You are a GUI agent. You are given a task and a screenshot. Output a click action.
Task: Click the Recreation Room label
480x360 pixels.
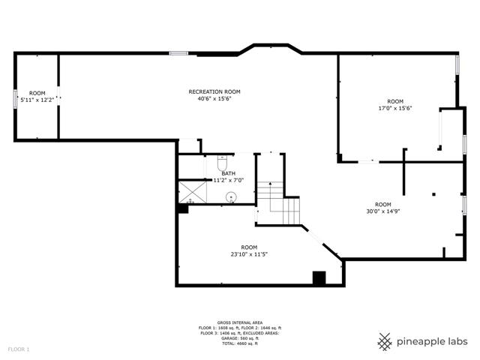click(214, 91)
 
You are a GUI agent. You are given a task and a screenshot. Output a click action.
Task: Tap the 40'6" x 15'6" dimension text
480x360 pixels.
click(214, 98)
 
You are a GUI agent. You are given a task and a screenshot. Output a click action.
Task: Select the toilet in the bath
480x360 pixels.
click(222, 163)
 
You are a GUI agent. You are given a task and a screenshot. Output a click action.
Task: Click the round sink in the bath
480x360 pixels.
click(231, 197)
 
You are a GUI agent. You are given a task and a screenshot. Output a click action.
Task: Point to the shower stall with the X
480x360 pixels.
click(193, 192)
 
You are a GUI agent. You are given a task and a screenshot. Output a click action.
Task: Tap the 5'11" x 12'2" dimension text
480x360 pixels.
click(37, 100)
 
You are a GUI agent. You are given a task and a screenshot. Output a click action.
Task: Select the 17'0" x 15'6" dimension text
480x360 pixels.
click(395, 108)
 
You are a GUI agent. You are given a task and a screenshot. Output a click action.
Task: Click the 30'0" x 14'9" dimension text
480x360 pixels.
click(383, 211)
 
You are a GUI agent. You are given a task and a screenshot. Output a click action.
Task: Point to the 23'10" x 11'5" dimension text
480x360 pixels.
click(249, 254)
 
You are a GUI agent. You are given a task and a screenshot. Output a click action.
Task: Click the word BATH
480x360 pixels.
click(228, 173)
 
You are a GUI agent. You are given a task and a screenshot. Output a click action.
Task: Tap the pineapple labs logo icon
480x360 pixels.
click(385, 342)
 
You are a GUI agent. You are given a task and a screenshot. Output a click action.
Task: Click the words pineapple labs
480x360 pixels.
click(432, 342)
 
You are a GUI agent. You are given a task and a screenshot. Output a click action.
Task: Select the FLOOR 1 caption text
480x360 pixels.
click(19, 349)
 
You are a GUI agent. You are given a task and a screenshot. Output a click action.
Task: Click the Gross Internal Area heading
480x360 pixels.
click(240, 322)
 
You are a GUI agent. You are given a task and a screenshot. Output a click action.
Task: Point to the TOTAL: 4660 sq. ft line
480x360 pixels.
click(240, 343)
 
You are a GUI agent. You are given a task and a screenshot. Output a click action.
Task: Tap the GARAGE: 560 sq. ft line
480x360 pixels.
click(240, 338)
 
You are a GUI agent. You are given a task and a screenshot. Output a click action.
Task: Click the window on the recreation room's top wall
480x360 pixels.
click(178, 53)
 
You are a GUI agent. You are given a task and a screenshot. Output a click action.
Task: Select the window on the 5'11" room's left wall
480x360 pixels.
click(15, 99)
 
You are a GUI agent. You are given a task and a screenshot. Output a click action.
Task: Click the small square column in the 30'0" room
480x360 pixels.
click(433, 194)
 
